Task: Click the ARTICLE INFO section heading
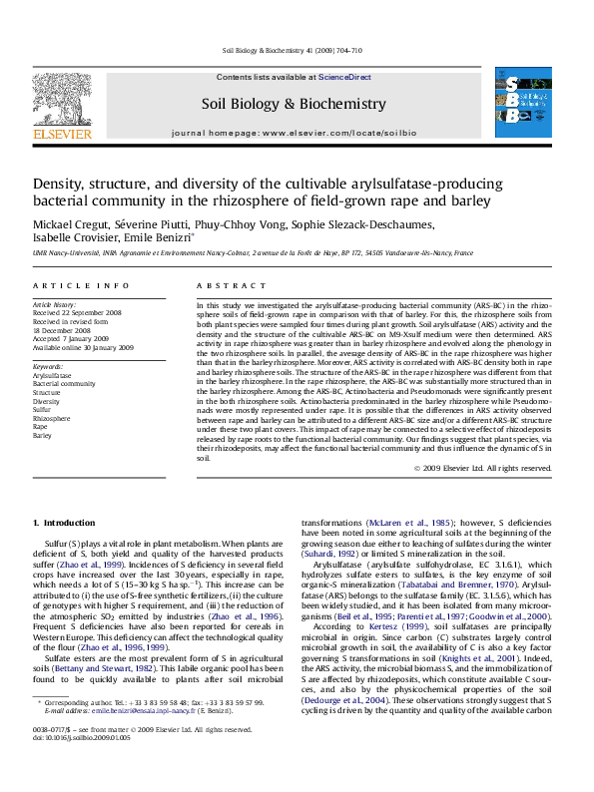(x=64, y=285)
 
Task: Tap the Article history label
(x=55, y=302)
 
